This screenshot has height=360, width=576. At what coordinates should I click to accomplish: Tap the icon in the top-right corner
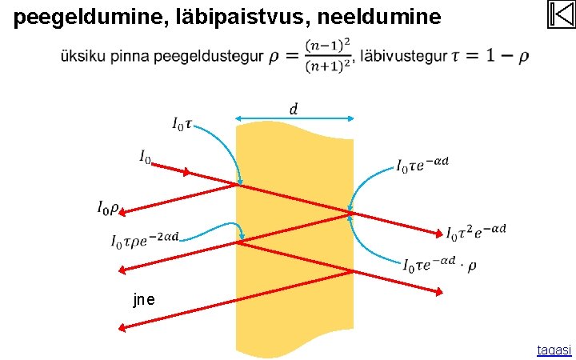coord(561,14)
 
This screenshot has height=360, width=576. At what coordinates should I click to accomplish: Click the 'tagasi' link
coord(554,350)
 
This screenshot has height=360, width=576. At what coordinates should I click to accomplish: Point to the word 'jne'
coord(145,300)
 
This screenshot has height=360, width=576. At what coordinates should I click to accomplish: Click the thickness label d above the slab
coord(294,109)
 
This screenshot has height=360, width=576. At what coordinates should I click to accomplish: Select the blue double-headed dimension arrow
coord(294,119)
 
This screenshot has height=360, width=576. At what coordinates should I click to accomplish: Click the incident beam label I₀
coord(144,158)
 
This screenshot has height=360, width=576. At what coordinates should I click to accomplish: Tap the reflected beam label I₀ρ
coord(108,209)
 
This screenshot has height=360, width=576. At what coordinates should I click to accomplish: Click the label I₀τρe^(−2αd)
coord(145,239)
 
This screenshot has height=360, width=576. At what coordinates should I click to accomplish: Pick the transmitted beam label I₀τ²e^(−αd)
coord(476,233)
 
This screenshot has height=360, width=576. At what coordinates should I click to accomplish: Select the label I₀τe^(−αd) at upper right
coord(422,165)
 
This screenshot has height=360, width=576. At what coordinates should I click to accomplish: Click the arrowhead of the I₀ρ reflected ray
coord(123,212)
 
